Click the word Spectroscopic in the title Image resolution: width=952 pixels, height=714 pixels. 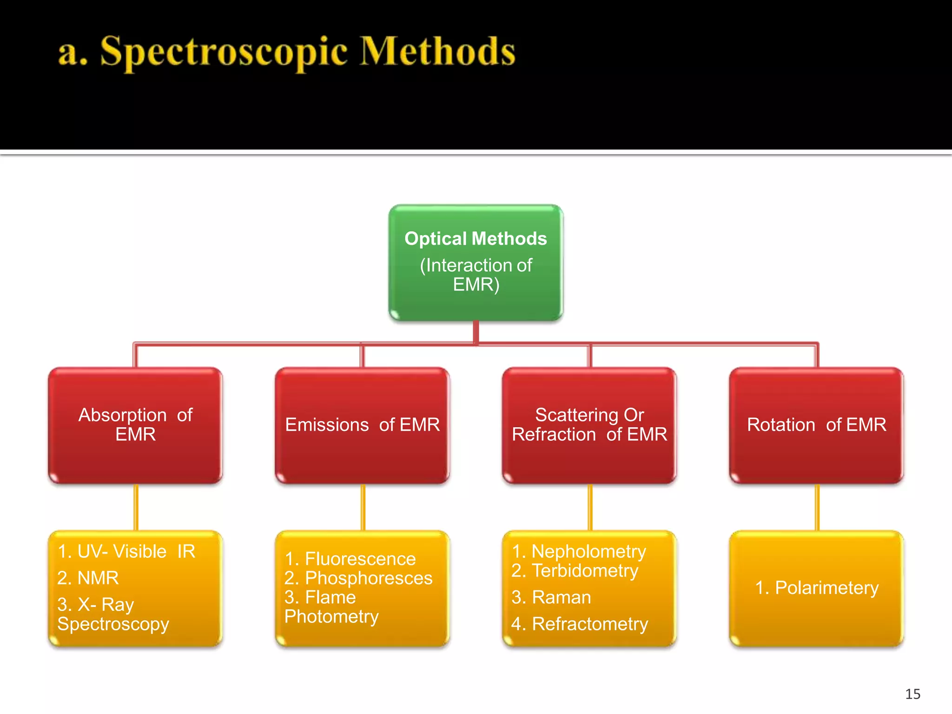coord(223,52)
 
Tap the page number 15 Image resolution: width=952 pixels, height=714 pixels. coord(912,694)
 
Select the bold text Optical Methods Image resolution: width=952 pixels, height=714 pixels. coord(476,238)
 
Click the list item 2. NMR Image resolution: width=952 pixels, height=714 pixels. coord(88,578)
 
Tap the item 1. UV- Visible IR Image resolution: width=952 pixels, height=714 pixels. coord(126,551)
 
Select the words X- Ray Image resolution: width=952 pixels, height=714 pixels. coord(106,604)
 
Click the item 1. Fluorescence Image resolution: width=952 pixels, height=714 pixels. coord(350,559)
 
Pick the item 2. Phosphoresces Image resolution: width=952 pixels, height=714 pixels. coord(358,578)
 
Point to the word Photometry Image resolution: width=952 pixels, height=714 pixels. coord(331,616)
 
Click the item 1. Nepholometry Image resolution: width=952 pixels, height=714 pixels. coord(579,551)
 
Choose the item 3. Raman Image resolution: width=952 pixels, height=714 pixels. coord(551,597)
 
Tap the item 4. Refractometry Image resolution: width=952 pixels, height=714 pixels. coord(580,624)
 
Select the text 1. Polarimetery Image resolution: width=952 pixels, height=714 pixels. coord(817,588)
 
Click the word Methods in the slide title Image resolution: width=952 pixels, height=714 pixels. coord(437,52)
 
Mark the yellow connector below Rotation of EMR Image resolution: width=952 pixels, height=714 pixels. coord(817,507)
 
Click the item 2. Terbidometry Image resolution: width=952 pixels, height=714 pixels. coord(575,571)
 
